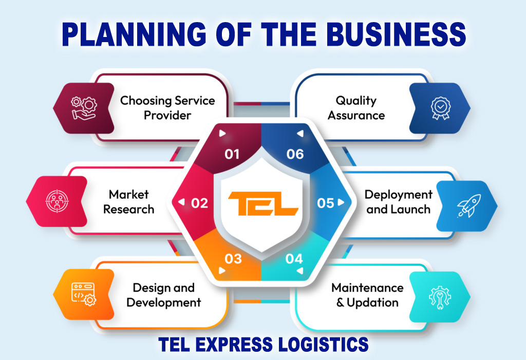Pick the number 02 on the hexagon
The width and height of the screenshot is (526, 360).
(x=199, y=203)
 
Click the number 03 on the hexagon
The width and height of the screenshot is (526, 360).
(x=233, y=258)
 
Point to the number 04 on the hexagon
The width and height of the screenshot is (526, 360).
(x=294, y=258)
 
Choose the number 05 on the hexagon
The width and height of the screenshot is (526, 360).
(x=326, y=203)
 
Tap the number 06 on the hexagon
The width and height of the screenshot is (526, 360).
(x=295, y=154)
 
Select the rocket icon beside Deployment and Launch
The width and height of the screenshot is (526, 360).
(x=468, y=205)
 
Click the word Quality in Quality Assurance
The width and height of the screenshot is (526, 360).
(x=356, y=101)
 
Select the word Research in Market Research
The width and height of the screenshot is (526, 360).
(x=128, y=210)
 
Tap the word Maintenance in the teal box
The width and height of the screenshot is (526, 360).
(x=367, y=288)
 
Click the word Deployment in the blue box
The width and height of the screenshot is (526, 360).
(x=399, y=195)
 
